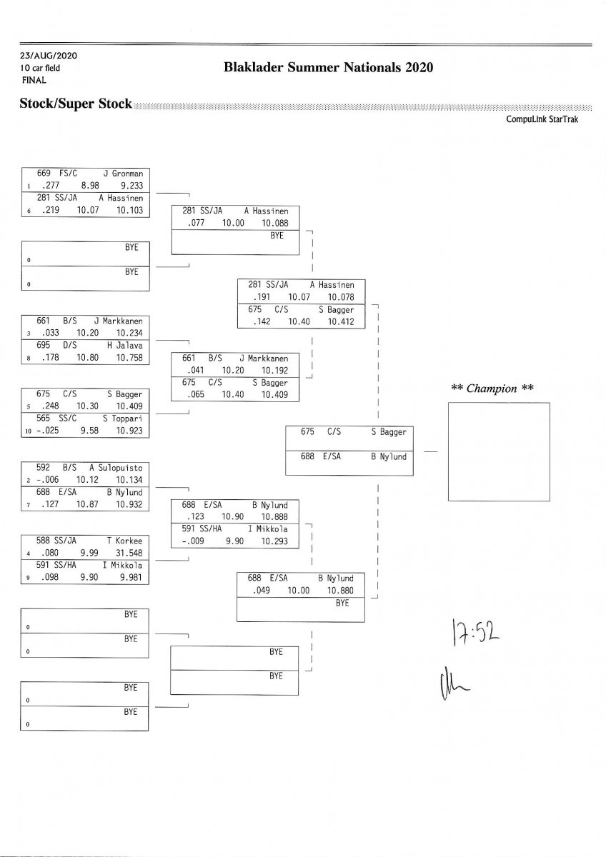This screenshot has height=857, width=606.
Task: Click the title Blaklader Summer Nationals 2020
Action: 328,68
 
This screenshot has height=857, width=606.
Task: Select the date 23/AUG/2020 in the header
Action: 49,56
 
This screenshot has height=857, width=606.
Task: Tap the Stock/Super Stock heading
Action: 76,104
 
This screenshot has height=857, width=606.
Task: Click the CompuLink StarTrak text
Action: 542,119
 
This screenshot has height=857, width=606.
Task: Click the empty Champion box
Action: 499,452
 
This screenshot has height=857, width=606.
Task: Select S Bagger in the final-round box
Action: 388,432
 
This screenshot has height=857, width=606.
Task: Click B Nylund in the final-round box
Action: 388,456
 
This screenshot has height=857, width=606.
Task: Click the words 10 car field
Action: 41,68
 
